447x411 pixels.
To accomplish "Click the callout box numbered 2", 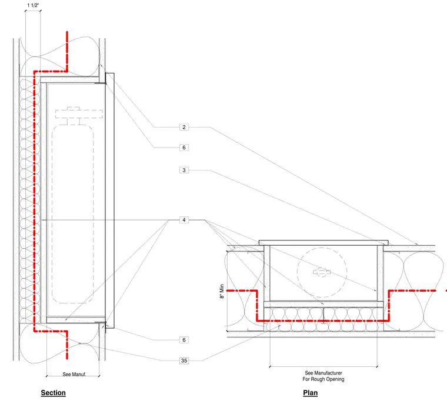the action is pos(184,127).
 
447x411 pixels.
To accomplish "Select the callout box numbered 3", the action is pos(184,170).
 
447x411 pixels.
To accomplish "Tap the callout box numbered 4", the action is pos(184,220).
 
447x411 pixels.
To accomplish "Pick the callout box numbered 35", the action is pos(184,360).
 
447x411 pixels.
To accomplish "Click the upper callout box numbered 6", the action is pos(184,148).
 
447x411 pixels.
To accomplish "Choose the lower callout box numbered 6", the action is pos(184,340).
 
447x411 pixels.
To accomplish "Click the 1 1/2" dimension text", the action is pos(33,5).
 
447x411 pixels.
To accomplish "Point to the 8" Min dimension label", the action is pos(222,291).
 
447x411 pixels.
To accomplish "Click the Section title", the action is pos(54,393).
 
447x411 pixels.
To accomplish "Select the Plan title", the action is pos(310,393).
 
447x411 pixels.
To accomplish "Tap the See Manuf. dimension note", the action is pos(74,374).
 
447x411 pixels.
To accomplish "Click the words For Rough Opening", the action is pos(323,379).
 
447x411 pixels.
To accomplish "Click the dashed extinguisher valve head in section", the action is pos(79,113).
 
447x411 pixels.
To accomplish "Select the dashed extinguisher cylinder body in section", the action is pos(52,214).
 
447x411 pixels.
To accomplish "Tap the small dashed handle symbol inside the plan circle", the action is pos(322,272).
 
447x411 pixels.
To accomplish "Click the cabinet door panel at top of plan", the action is pos(323,243).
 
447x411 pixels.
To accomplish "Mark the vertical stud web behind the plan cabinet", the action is pos(323,315).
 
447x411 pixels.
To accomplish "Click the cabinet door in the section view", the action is pos(110,201).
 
